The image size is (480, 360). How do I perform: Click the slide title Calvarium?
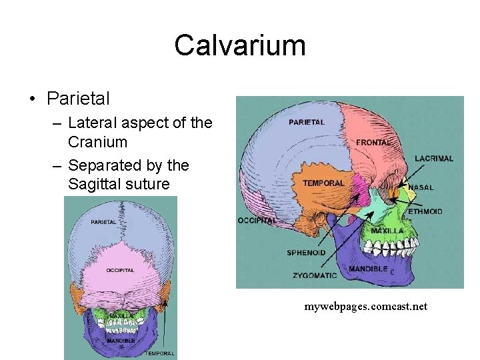pos(240,45)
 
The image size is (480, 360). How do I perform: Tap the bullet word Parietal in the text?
pos(78,99)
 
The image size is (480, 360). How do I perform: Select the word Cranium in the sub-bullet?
pos(97,141)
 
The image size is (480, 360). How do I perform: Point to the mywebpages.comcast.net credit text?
pos(365,307)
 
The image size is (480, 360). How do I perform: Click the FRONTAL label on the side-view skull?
pos(373,143)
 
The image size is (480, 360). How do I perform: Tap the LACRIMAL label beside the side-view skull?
pos(434,159)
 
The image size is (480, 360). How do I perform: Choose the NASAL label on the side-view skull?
pos(421,187)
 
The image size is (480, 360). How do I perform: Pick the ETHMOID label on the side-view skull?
pos(425,212)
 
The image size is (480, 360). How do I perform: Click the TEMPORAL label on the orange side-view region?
pos(323,183)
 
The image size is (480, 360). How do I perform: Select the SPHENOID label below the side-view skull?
pos(307,253)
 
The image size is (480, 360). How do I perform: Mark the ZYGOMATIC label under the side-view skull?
pos(315,275)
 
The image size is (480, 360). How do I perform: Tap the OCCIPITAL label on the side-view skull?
pos(257,221)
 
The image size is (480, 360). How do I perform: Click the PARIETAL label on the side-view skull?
pos(307,123)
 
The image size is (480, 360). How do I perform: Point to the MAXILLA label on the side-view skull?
pos(387,231)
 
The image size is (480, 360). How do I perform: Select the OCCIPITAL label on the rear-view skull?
pos(120,270)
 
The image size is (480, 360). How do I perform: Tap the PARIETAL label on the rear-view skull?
pos(104,222)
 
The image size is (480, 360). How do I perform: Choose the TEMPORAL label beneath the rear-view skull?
pos(160,353)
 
